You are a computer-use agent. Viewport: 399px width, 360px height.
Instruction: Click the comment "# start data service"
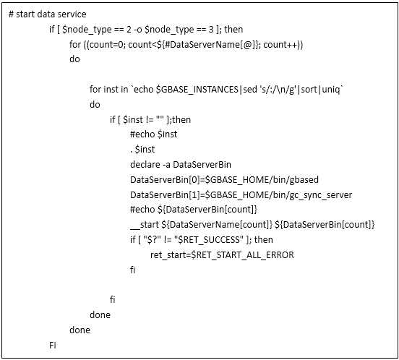[x=47, y=14]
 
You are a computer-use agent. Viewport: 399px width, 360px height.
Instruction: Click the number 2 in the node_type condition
[x=129, y=30]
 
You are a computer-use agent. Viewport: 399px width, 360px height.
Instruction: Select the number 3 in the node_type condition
[x=211, y=30]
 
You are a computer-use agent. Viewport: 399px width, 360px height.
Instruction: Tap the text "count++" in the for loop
[x=280, y=45]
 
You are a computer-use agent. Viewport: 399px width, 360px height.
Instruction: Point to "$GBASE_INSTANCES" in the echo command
[x=197, y=90]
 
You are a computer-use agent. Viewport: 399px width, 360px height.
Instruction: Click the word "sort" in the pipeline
[x=309, y=90]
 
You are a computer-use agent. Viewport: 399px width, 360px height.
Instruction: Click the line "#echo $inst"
[x=153, y=134]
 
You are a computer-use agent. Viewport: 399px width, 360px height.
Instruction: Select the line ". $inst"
[x=142, y=150]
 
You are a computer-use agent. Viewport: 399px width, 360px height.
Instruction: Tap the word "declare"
[x=145, y=165]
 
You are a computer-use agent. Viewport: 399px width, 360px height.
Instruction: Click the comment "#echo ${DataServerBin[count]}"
[x=194, y=210]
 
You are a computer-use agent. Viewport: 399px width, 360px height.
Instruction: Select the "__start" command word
[x=145, y=225]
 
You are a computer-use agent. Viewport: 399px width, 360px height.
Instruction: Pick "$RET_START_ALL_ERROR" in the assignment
[x=242, y=255]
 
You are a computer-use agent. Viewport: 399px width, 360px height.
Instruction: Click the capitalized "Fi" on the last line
[x=53, y=346]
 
